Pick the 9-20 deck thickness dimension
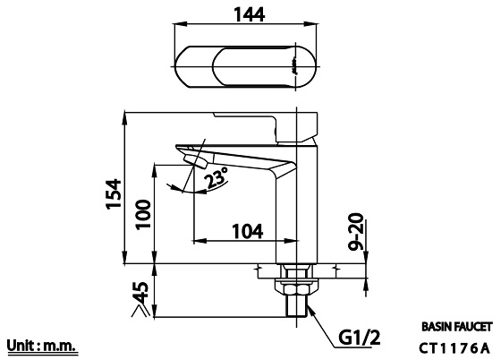(355, 230)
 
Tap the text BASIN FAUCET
(456, 328)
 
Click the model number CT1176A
(455, 347)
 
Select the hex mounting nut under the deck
(296, 287)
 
